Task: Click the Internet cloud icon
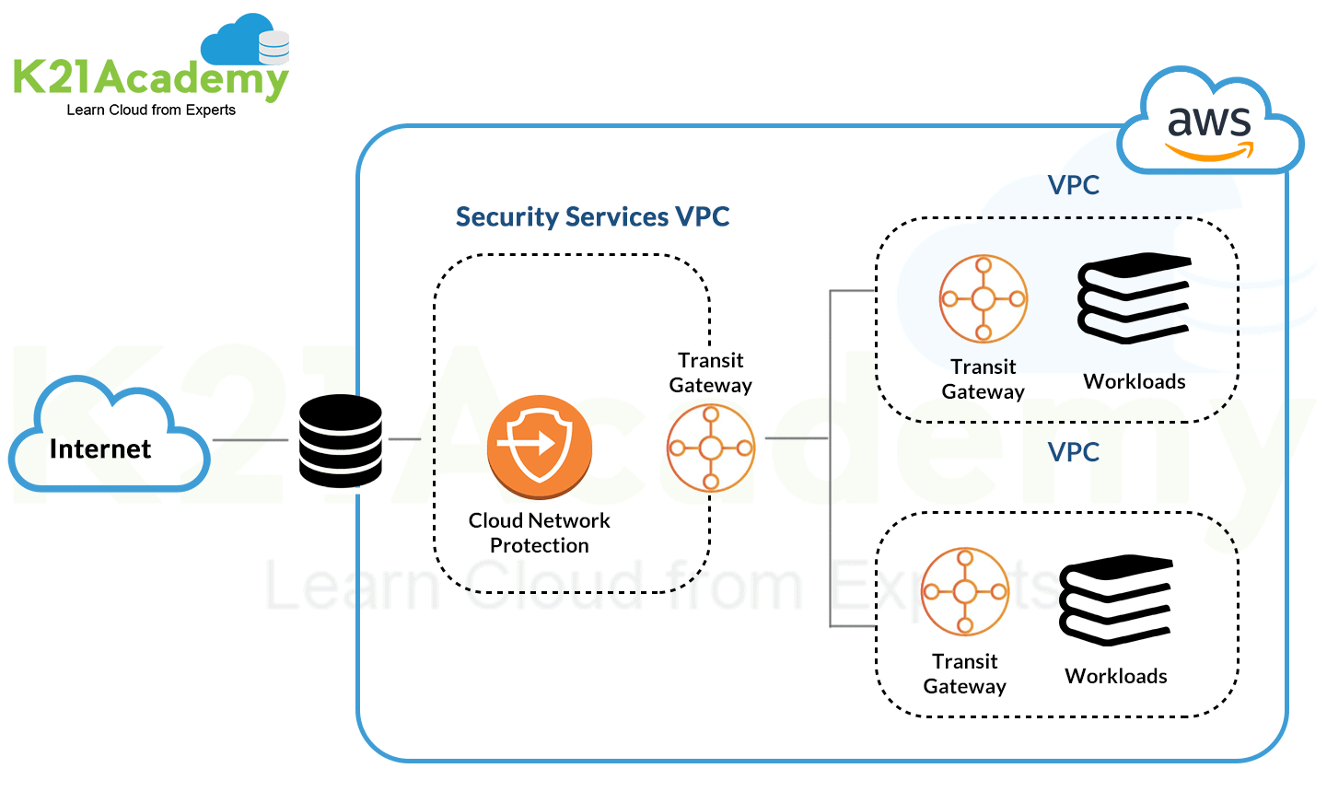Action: coord(108,436)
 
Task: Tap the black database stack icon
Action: coord(340,441)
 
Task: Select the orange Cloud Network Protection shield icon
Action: coord(540,446)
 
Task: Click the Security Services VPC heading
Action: coord(592,216)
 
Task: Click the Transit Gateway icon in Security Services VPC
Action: coord(711,448)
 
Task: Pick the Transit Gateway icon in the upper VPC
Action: coord(984,299)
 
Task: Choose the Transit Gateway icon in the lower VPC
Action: coord(965,592)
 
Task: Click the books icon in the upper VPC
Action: coord(1135,297)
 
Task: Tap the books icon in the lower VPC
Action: coord(1116,599)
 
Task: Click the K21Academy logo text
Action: coord(150,78)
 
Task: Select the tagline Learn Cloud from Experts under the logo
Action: coord(151,110)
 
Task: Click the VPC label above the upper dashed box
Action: coord(1074,185)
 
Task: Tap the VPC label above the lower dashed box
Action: coord(1074,452)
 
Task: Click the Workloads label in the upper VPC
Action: coord(1135,381)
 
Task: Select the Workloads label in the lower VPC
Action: coord(1116,676)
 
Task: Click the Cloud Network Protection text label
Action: coord(540,533)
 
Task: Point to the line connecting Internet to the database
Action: coord(250,440)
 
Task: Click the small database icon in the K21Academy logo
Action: coord(274,46)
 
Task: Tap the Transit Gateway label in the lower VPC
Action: coord(965,673)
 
